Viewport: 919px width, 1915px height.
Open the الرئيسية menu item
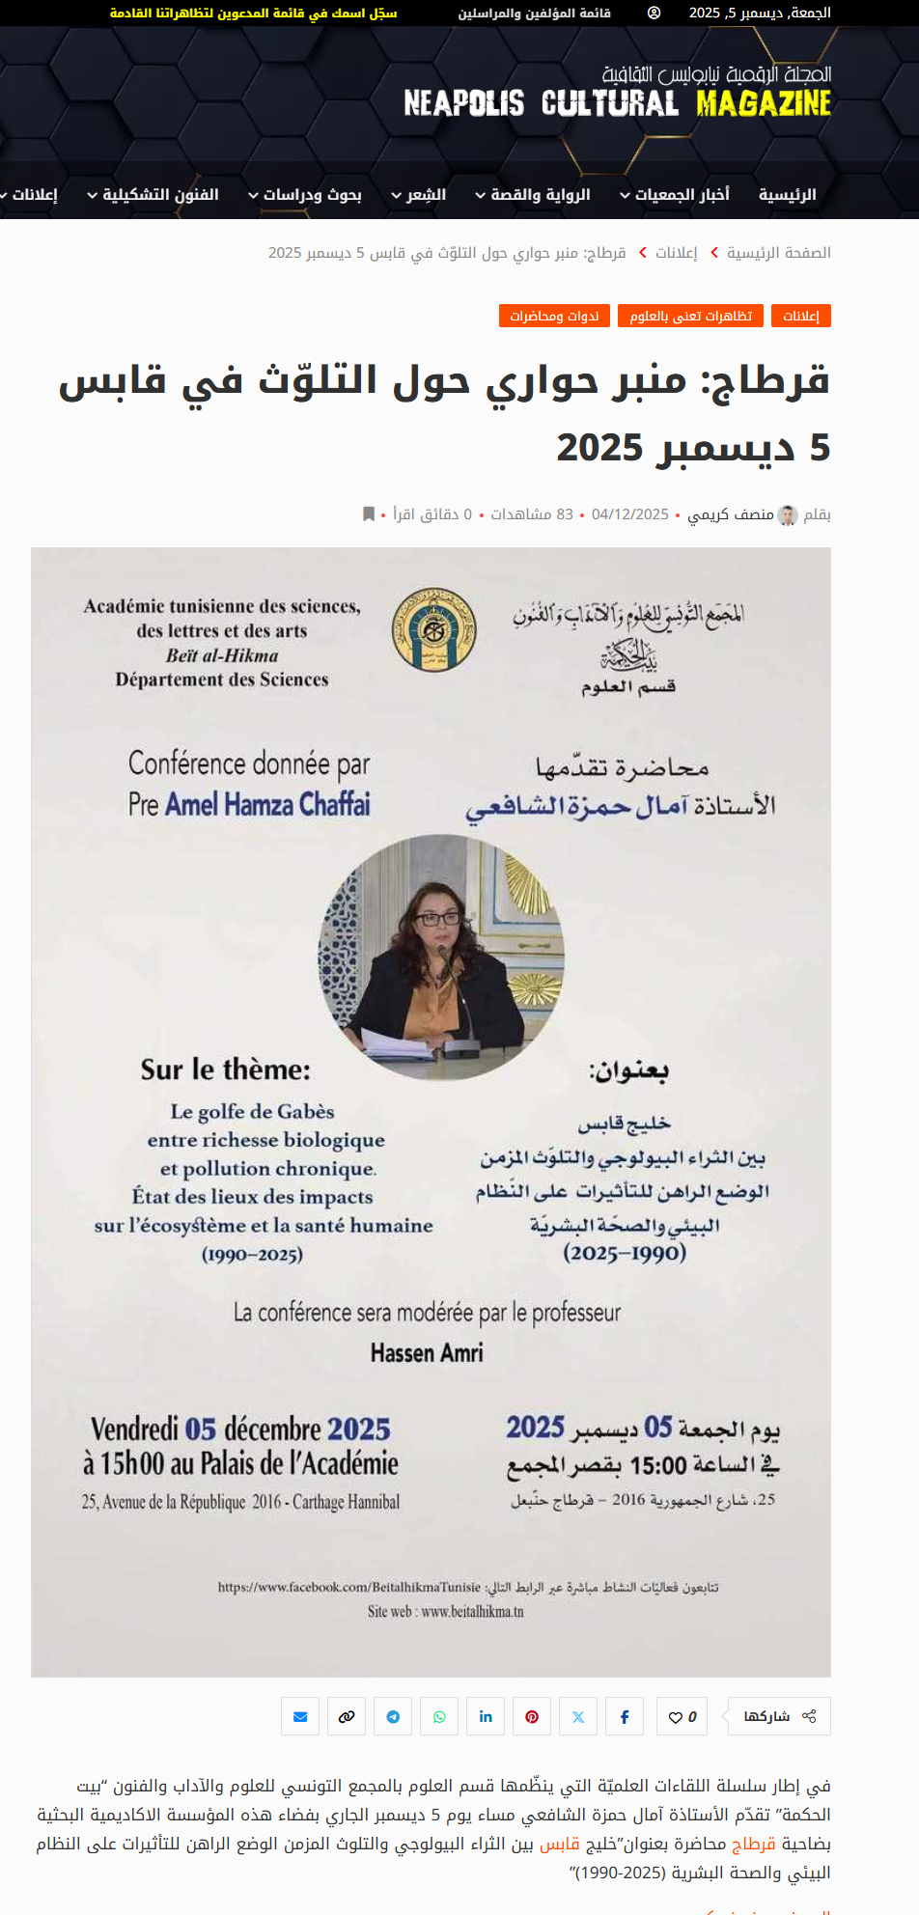787,195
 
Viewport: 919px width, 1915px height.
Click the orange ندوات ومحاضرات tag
554,317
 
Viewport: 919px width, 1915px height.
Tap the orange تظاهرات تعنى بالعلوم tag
690,317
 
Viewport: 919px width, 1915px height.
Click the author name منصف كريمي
730,514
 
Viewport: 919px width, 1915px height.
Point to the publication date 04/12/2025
629,514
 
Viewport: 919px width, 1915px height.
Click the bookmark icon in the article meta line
368,514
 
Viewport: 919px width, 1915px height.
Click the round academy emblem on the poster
433,630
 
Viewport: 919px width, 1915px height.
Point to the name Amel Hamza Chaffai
267,804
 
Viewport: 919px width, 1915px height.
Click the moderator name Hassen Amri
427,1353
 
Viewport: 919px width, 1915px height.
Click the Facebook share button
625,1717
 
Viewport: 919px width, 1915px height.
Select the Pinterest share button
532,1717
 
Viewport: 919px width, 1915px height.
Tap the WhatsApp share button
439,1717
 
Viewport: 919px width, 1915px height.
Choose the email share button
300,1717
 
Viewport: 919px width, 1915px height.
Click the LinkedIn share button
486,1717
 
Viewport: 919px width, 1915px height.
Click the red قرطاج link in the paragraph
753,1844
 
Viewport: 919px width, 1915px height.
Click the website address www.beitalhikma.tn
472,1612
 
